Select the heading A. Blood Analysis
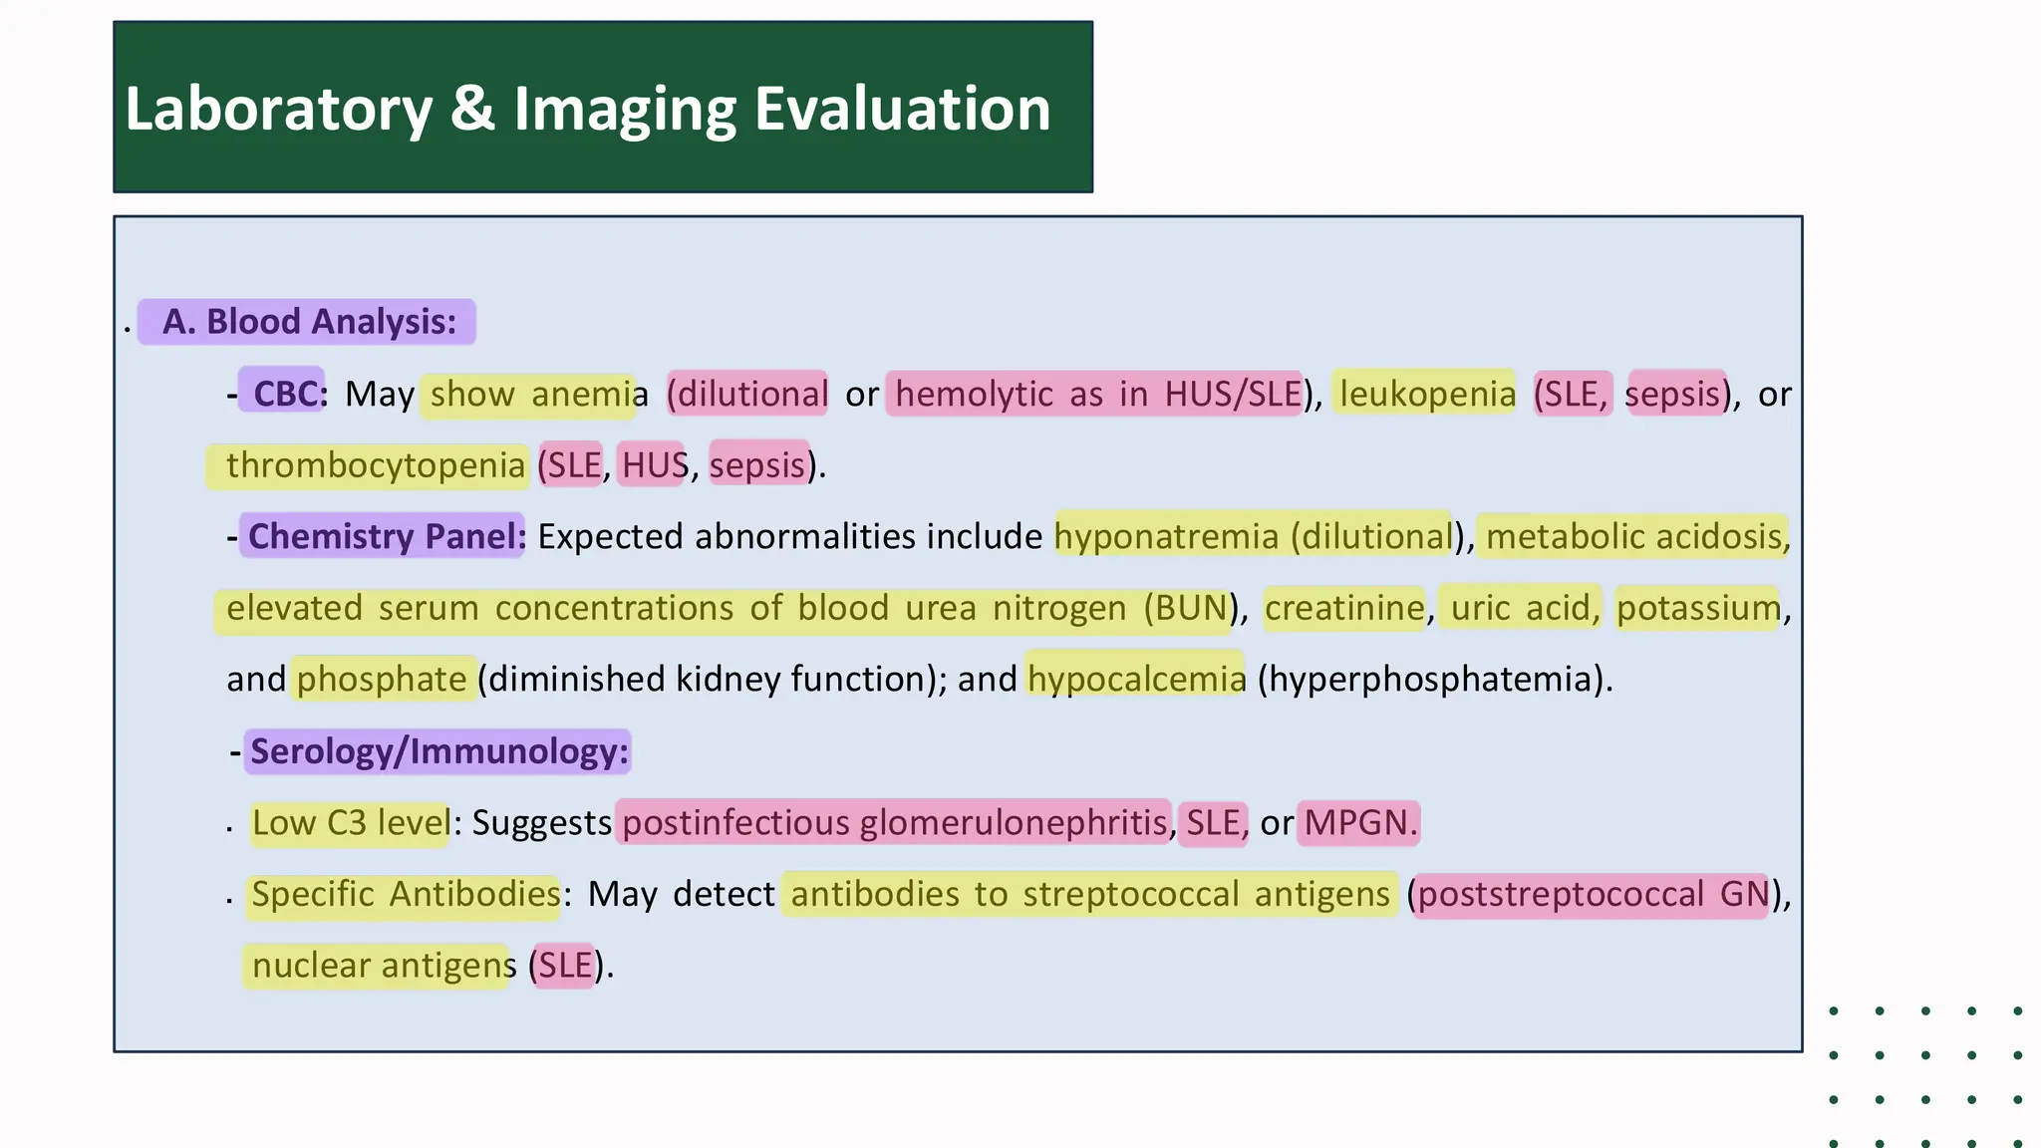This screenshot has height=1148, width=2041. tap(308, 322)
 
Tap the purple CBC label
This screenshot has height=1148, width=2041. tap(284, 394)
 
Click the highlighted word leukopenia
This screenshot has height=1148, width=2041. tap(1426, 394)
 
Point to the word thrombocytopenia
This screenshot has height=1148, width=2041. tap(375, 465)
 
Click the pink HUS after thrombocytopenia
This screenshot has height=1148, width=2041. tap(654, 465)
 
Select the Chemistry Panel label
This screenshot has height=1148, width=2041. tap(385, 536)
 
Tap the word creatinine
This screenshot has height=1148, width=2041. tap(1344, 608)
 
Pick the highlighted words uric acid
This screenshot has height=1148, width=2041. tap(1521, 608)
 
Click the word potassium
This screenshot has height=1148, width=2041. tap(1698, 608)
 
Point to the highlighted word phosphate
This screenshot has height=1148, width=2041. tap(382, 679)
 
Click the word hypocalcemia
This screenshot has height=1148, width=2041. tap(1136, 679)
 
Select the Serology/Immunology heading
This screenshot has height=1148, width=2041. tap(439, 751)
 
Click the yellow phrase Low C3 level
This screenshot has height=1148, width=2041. tap(350, 823)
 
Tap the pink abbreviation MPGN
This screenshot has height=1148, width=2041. tap(1358, 823)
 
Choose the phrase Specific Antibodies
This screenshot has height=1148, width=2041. tap(406, 894)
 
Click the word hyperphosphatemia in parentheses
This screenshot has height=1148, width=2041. tap(1433, 679)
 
